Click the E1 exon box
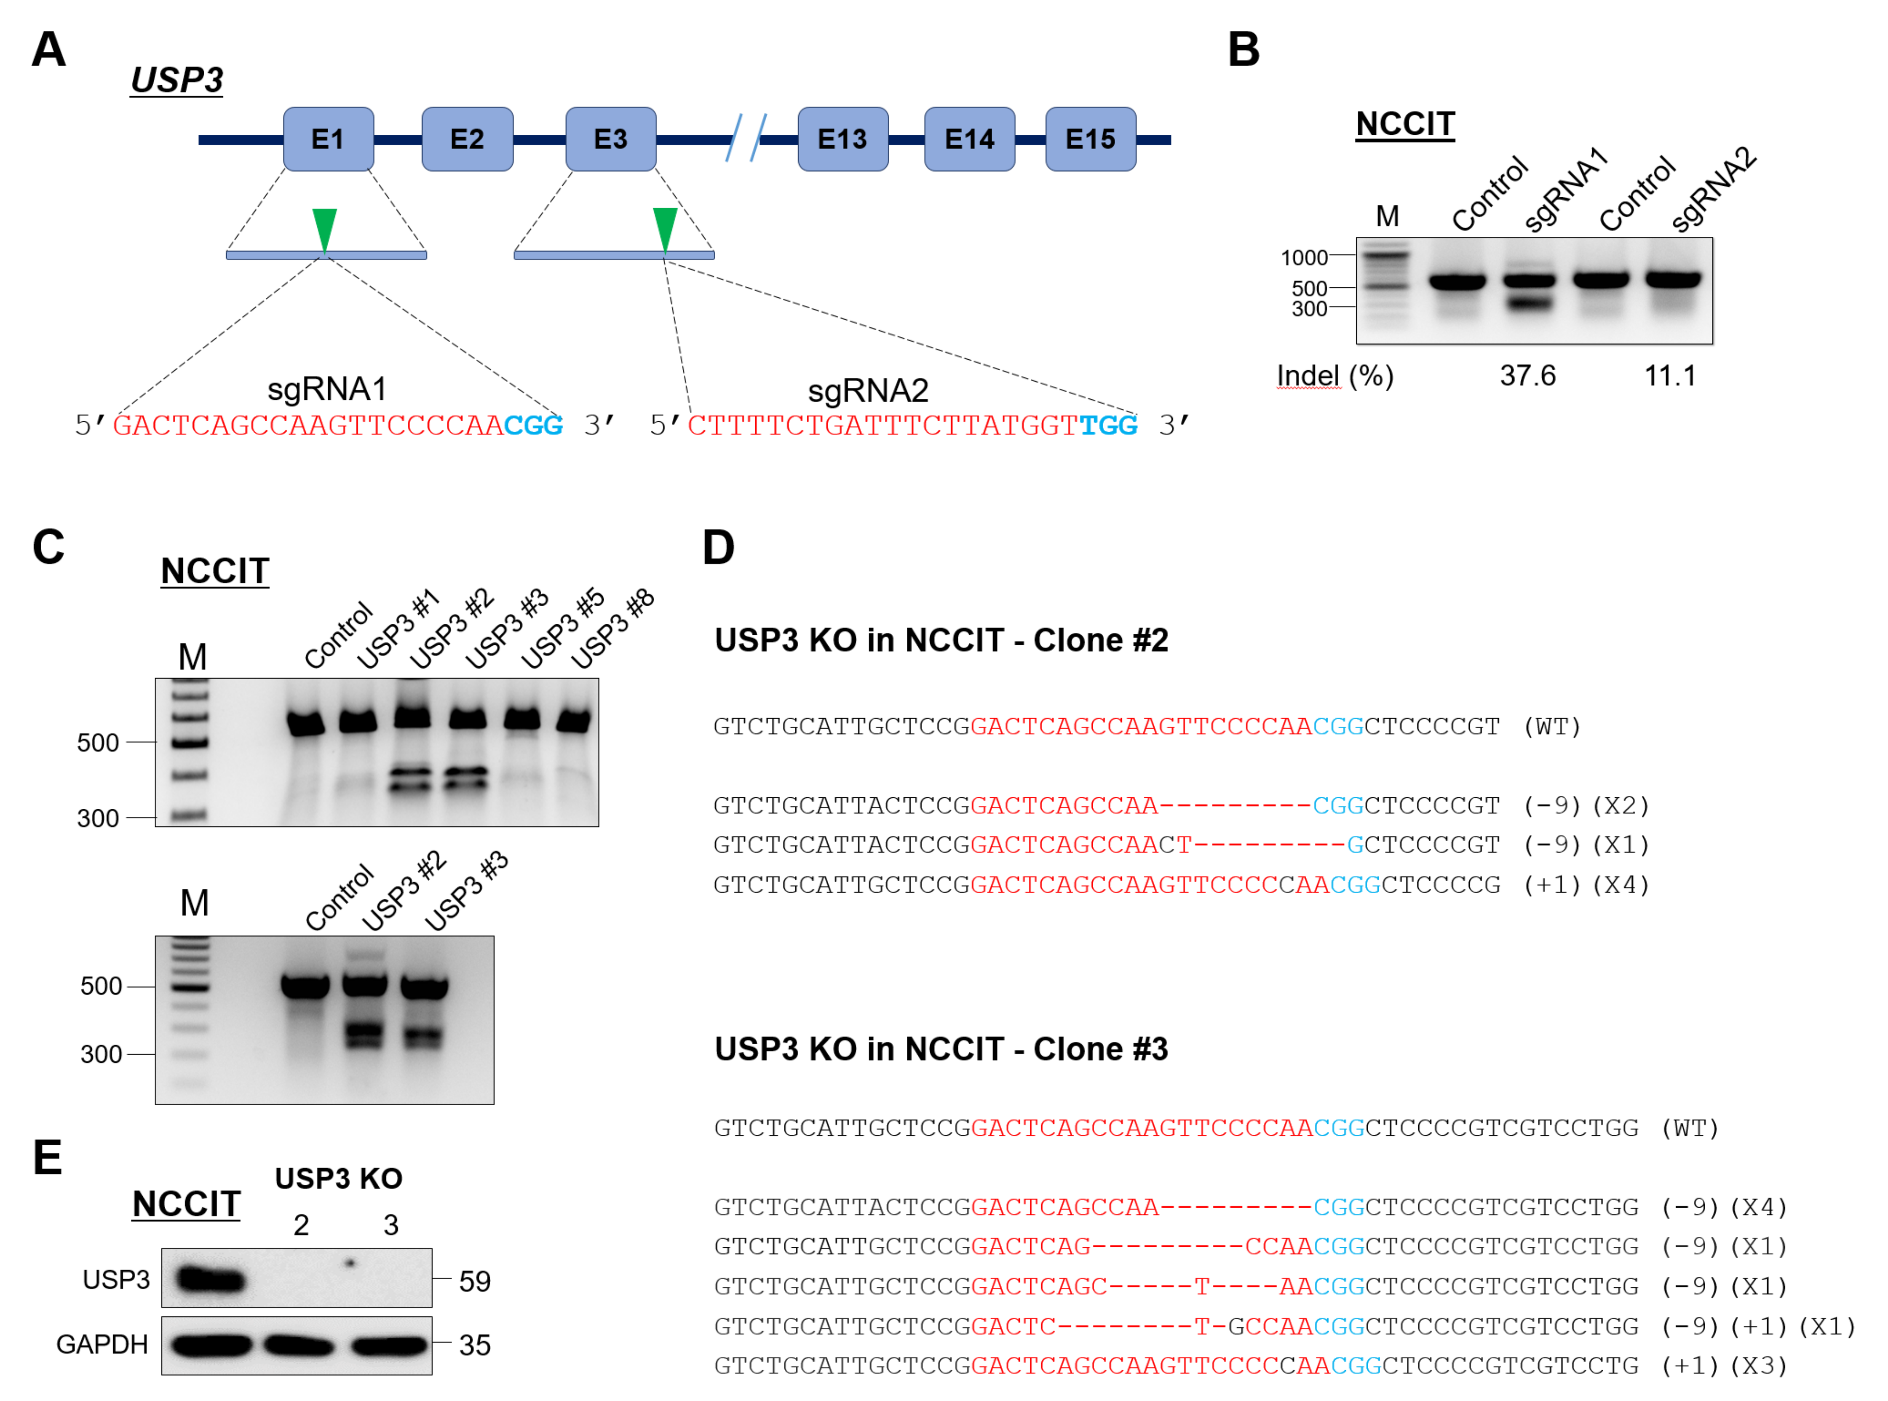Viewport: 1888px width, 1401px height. [x=328, y=139]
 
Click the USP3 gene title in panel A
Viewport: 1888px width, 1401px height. [x=176, y=80]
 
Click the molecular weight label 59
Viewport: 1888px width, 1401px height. [x=474, y=1281]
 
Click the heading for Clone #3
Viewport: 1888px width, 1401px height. [x=941, y=1049]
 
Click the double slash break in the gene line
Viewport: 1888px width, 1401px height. [x=746, y=138]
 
